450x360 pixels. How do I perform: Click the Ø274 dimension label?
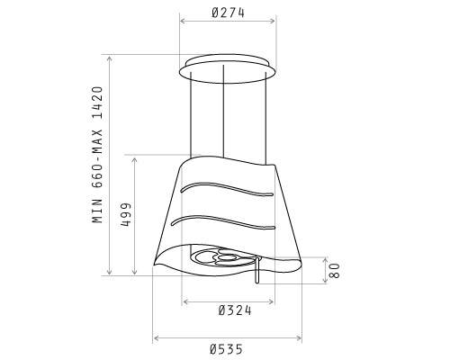coord(228,13)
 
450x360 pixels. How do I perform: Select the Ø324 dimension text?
coord(235,310)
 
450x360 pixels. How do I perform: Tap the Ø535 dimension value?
coord(227,349)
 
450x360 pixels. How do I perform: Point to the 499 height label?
coord(126,214)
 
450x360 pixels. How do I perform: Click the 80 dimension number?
coord(334,270)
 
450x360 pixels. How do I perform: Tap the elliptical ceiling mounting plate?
coord(228,82)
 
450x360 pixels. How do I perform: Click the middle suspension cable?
coord(223,112)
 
